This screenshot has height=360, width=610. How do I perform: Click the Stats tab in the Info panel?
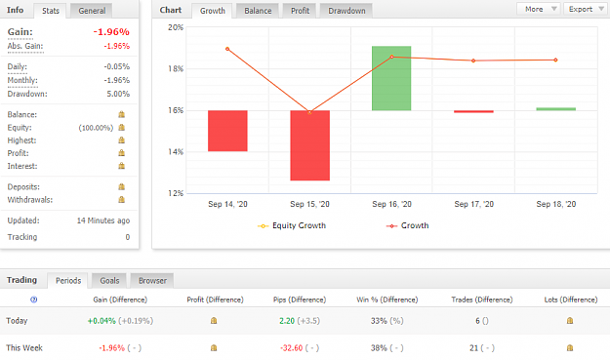coord(51,11)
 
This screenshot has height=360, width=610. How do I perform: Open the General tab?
coord(92,11)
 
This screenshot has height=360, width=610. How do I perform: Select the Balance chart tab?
coord(258,11)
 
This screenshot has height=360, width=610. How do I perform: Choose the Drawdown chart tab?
coord(346,11)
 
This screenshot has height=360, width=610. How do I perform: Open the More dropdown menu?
coord(539,9)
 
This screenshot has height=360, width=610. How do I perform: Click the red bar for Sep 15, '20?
coord(309,145)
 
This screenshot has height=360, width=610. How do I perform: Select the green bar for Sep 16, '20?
coord(391,78)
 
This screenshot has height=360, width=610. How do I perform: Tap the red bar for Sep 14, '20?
coord(227,131)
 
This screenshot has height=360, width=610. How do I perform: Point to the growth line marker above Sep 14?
coord(227,49)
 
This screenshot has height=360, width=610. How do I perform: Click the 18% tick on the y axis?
coord(176,69)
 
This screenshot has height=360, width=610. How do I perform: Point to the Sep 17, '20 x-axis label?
coord(473,204)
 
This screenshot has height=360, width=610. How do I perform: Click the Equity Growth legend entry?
coord(292,225)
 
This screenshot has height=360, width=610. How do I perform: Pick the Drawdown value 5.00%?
coord(118,94)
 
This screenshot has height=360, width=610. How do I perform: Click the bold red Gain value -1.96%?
coord(111,32)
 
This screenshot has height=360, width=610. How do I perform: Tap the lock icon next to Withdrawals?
coord(121,199)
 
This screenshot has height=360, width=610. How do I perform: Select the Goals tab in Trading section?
coord(109,280)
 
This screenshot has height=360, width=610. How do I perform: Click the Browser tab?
coord(152,280)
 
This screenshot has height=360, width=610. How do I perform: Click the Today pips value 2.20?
coord(287,321)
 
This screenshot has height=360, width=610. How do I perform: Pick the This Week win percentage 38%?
coord(379,348)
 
